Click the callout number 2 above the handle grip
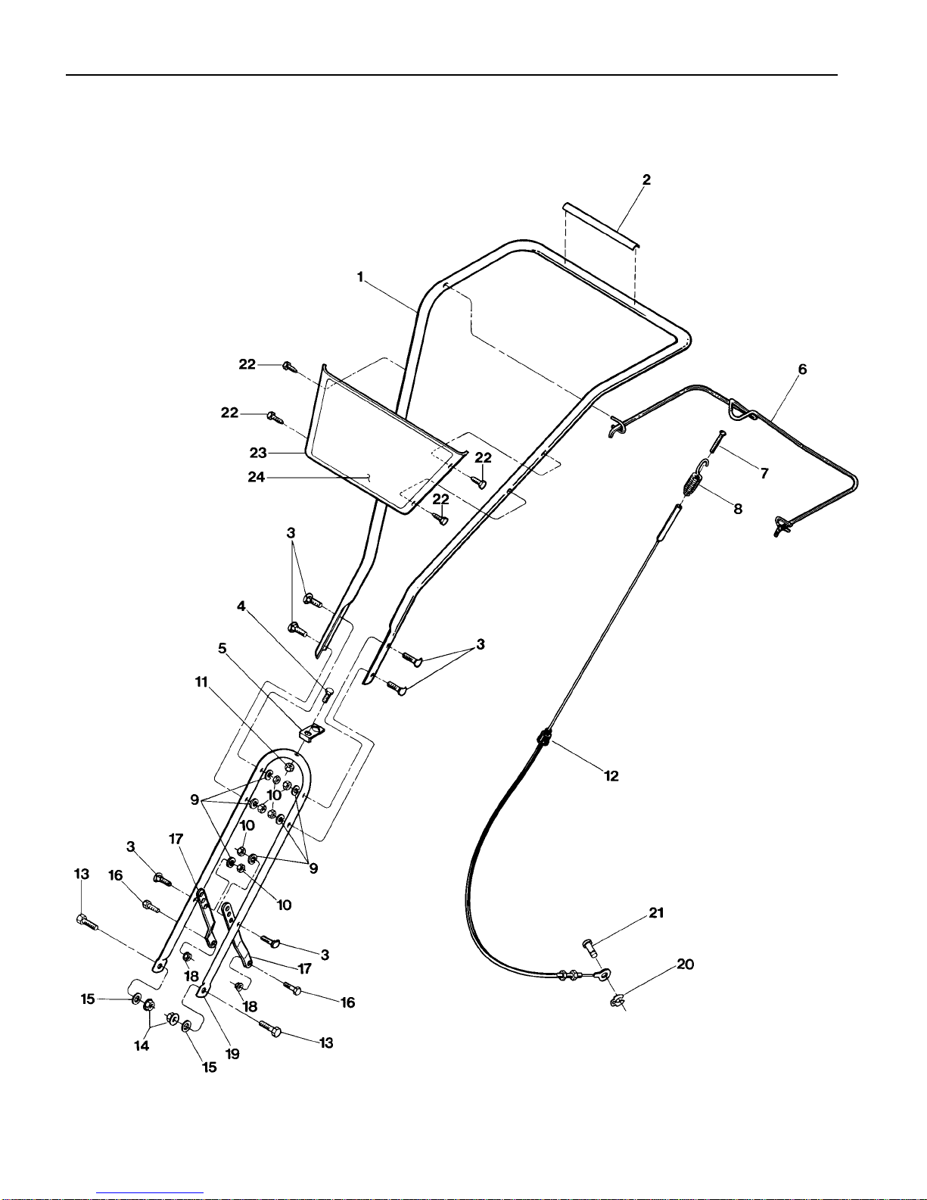point(646,179)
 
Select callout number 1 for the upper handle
point(360,276)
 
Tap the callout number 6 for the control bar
point(802,369)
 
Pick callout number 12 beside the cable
point(611,776)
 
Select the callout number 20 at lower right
point(685,965)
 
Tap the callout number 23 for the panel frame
point(258,453)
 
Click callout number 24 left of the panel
point(256,476)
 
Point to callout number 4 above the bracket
point(241,606)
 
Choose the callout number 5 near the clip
point(222,648)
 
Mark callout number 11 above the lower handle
point(201,682)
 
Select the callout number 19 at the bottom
point(232,1054)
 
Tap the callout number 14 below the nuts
point(142,1046)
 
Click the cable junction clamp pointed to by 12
point(544,737)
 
